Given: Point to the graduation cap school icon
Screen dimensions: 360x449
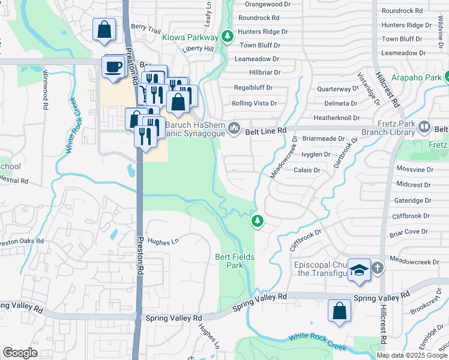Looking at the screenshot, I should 359,270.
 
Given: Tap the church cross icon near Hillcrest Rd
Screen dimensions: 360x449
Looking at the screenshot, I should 377,268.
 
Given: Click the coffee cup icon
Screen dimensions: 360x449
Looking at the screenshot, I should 113,66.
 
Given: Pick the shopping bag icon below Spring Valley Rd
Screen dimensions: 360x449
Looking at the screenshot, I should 339,311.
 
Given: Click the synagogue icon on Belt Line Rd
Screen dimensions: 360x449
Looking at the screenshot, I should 234,128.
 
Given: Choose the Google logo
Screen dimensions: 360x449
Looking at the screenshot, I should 20,352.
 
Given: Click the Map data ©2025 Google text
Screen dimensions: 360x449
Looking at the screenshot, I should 412,355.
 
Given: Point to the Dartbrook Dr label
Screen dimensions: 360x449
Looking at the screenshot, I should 346,152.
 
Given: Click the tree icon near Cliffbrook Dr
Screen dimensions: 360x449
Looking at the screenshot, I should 258,221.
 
